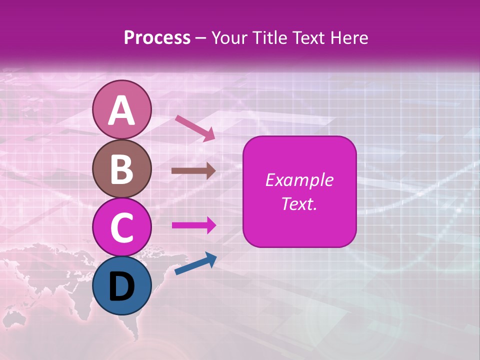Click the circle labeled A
click(121, 109)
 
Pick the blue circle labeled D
click(121, 285)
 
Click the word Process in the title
click(157, 37)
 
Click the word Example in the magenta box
click(299, 180)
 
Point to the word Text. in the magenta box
click(299, 203)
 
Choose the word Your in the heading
click(229, 37)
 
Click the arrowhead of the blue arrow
click(211, 259)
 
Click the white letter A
click(121, 110)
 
